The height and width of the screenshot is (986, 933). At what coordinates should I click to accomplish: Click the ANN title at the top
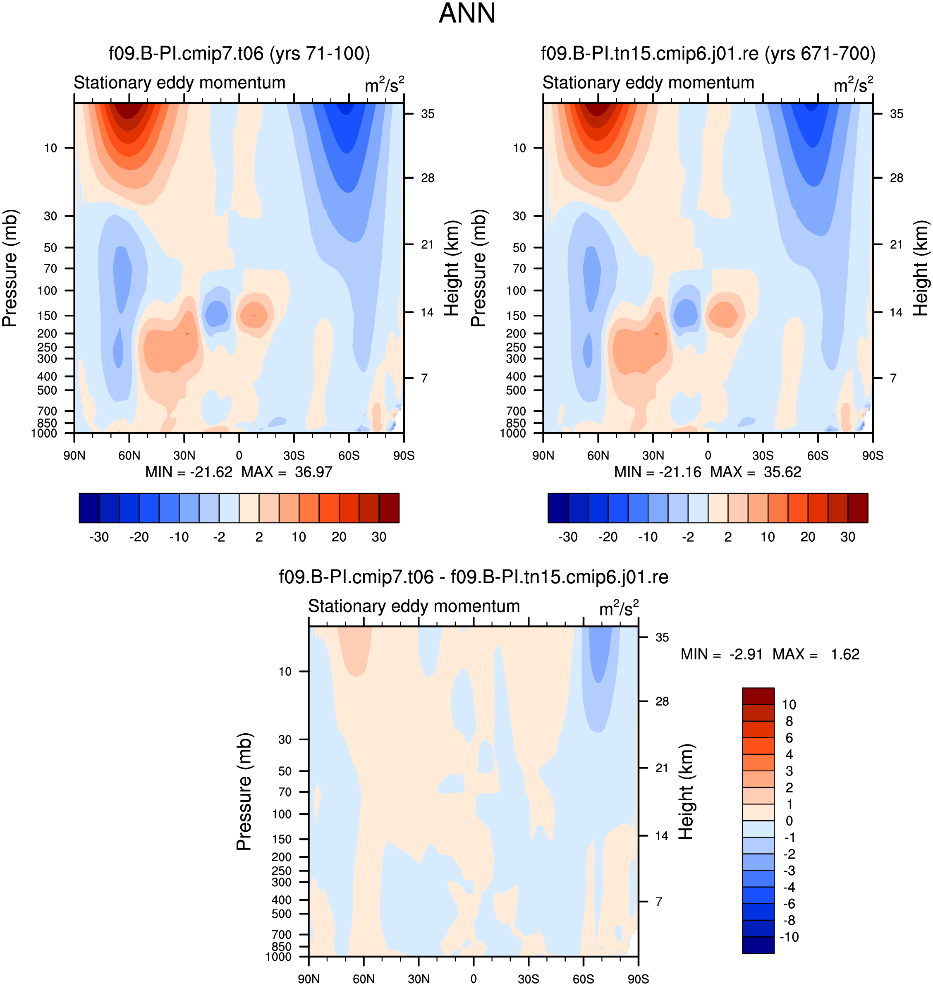[466, 13]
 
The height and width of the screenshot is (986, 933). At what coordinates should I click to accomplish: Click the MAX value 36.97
[313, 471]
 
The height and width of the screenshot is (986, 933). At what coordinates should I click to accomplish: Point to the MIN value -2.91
[746, 654]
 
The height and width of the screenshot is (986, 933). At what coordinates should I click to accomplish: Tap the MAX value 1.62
[845, 654]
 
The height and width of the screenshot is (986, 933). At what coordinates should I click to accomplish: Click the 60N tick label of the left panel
[129, 456]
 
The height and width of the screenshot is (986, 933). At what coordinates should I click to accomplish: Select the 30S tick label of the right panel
[763, 456]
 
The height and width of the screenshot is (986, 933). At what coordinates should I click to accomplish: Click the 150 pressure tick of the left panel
[47, 316]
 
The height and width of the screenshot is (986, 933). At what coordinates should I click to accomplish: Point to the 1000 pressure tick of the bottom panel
[278, 957]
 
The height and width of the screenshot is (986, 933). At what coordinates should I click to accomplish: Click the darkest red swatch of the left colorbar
[389, 508]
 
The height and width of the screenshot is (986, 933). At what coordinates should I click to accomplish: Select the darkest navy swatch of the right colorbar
[557, 508]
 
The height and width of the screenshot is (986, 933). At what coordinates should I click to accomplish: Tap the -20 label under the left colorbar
[139, 537]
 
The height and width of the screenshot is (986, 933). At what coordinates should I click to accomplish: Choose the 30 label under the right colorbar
[847, 537]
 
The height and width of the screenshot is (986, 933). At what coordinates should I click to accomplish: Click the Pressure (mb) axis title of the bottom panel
[244, 791]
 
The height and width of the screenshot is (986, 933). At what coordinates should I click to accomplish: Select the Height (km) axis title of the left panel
[451, 268]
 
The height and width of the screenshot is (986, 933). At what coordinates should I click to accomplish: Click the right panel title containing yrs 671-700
[708, 53]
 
